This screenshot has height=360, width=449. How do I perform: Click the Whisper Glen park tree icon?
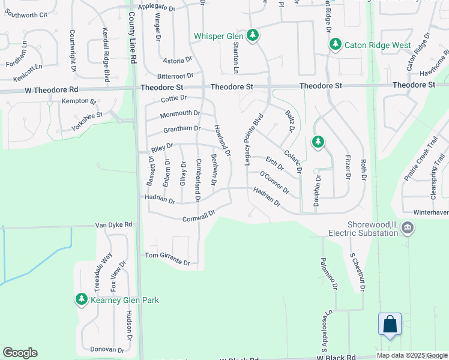tap(253, 35)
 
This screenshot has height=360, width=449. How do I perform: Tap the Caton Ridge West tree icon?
tap(334, 44)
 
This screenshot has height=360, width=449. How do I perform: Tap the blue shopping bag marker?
tap(390, 325)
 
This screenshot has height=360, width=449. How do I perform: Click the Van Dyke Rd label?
tap(113, 224)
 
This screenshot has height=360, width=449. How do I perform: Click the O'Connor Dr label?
tap(274, 182)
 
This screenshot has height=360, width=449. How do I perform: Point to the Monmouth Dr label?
tap(180, 113)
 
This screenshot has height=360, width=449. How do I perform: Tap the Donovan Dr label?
tap(107, 349)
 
